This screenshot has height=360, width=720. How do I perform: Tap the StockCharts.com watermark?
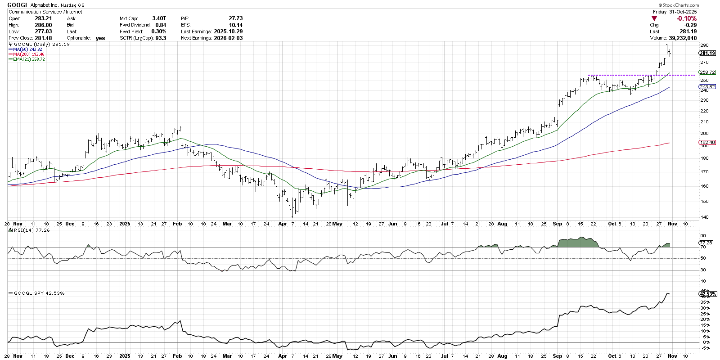(679, 5)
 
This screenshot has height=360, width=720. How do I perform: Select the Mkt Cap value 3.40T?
(159, 18)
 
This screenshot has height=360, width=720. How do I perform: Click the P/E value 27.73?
(235, 18)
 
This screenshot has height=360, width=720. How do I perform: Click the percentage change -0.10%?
(686, 18)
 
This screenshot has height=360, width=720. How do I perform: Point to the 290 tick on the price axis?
(704, 45)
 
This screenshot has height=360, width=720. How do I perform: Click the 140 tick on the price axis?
(704, 217)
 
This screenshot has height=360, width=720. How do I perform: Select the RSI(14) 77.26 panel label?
(31, 230)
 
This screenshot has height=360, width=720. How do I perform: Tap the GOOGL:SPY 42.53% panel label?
(39, 293)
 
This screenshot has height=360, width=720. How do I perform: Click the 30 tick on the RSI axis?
(702, 270)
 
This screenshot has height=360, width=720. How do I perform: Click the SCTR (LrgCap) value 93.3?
(161, 38)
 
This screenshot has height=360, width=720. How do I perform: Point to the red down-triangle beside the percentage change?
(654, 18)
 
